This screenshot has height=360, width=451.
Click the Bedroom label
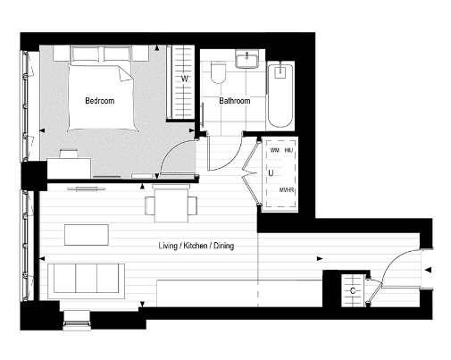point(99,101)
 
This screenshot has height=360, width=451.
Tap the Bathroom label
point(235,101)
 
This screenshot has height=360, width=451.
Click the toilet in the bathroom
point(216,76)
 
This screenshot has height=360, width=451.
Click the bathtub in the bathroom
point(280,94)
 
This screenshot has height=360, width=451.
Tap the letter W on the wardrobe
point(185,80)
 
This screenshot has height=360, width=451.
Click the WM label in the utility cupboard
point(274,151)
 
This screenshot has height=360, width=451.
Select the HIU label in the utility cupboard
point(289,151)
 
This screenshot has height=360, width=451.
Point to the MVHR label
point(287,190)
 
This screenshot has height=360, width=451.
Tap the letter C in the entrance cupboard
point(355,290)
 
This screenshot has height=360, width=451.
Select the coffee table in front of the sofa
point(86,234)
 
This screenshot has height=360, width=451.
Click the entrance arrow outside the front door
point(429,270)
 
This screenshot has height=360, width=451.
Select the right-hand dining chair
point(192,206)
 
